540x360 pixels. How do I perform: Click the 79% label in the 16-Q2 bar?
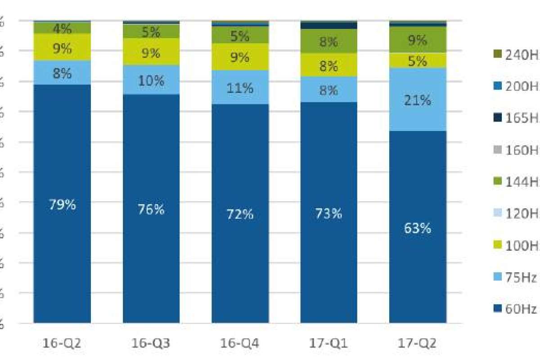click(x=62, y=205)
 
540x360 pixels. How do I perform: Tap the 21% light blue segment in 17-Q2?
click(x=418, y=100)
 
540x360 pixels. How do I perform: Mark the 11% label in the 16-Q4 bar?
click(x=240, y=88)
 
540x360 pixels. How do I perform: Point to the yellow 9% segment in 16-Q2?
click(x=62, y=48)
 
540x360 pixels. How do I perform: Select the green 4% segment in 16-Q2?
click(x=62, y=28)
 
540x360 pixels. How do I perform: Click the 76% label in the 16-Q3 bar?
click(x=151, y=209)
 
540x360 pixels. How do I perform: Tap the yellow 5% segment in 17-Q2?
click(x=418, y=61)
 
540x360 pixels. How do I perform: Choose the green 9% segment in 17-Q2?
click(x=418, y=40)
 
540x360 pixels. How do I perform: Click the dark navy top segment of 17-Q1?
click(x=328, y=25)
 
